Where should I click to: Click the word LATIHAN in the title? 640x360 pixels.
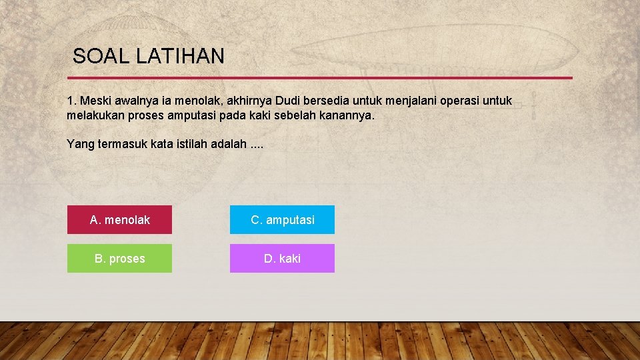click(x=180, y=56)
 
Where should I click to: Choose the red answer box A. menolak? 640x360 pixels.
click(x=119, y=220)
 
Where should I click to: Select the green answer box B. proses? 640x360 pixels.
click(x=119, y=259)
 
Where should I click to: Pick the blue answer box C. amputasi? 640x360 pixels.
click(x=282, y=220)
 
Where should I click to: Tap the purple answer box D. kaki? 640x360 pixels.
click(x=282, y=259)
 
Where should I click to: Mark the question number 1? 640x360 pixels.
click(x=71, y=101)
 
